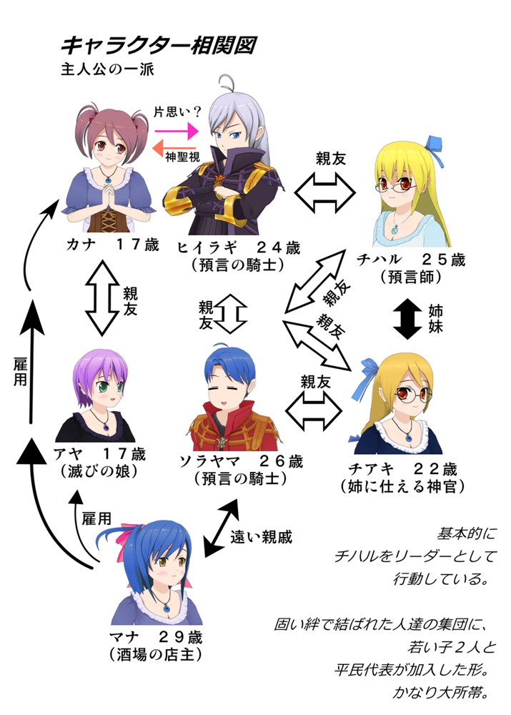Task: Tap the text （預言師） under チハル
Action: (x=405, y=276)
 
